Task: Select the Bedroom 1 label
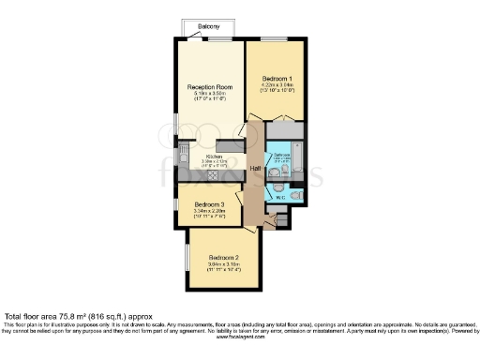tap(276, 78)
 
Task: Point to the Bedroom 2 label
tap(224, 258)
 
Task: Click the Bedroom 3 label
tap(208, 204)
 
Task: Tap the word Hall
tap(254, 168)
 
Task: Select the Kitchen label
tap(215, 157)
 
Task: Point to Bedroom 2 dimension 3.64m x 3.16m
tap(224, 265)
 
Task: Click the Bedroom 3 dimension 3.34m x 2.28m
tap(208, 212)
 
